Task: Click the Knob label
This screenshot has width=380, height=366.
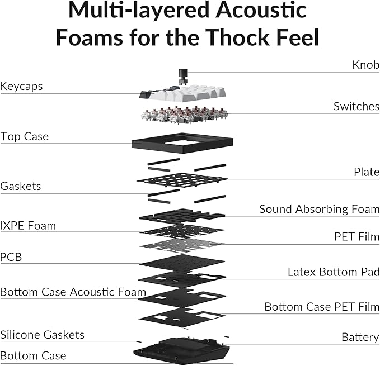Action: pos(365,65)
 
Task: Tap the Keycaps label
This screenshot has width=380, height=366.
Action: pos(21,87)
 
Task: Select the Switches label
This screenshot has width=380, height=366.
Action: pos(356,106)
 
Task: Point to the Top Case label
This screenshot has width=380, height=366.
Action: pos(25,136)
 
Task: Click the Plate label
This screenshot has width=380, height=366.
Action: pos(367,172)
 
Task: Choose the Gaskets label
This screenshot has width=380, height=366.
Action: pos(21,186)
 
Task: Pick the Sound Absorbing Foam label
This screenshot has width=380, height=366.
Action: pos(319,209)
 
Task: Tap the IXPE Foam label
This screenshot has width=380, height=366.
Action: pos(28,226)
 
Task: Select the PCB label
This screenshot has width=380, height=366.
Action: pos(11,257)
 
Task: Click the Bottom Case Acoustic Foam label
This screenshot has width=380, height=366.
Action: pos(73,292)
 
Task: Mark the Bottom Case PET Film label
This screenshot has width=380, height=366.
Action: pos(322,307)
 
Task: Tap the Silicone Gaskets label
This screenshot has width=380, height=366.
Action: pos(42,335)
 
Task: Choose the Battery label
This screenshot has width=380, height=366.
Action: pos(360,337)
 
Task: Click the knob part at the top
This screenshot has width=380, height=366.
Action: pos(182,75)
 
